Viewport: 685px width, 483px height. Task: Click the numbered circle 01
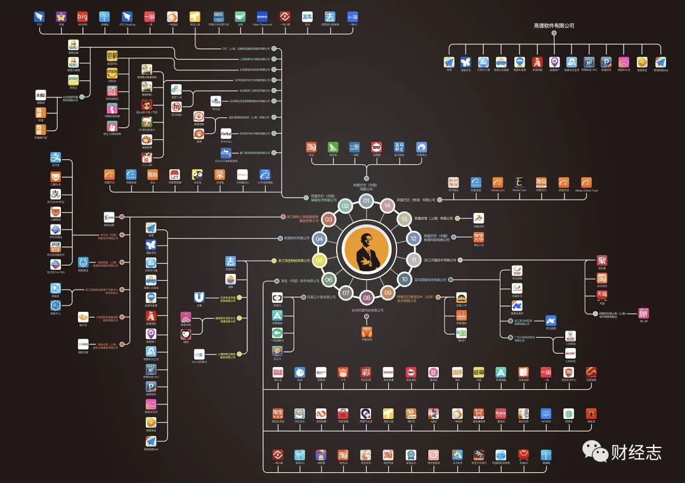click(366, 201)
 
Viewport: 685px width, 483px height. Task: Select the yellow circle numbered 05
click(320, 260)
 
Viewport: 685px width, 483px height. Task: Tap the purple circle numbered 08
click(367, 297)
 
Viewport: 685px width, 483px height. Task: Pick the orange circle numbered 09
click(388, 292)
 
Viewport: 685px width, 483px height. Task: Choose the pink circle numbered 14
click(387, 205)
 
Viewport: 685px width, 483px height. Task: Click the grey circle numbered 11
click(414, 260)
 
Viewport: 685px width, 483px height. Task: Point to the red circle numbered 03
click(329, 219)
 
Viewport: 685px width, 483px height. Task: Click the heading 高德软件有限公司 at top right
click(554, 26)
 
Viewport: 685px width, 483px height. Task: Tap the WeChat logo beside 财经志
click(596, 451)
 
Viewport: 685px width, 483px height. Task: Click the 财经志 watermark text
click(636, 452)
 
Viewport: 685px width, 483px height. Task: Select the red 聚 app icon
click(602, 261)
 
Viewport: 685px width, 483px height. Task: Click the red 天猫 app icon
click(602, 295)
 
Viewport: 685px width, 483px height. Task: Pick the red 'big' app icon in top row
click(82, 16)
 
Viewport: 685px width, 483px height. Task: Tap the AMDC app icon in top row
click(218, 16)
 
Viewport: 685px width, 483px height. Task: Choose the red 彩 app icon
click(365, 372)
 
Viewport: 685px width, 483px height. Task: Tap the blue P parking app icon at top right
click(606, 62)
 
